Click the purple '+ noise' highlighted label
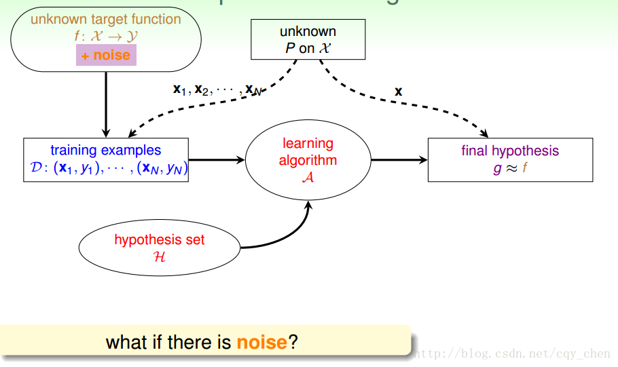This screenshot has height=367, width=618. click(x=106, y=55)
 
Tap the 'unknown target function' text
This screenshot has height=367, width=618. click(x=105, y=19)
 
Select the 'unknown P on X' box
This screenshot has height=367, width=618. click(x=308, y=39)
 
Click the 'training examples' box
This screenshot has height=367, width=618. click(x=106, y=160)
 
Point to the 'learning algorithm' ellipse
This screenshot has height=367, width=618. click(x=308, y=161)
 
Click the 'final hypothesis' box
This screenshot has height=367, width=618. click(x=510, y=159)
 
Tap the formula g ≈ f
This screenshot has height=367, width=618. click(x=510, y=168)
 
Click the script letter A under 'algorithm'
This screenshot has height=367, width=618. click(x=308, y=178)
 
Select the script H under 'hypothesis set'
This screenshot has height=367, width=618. click(x=160, y=257)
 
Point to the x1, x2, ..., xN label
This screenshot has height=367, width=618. click(x=217, y=90)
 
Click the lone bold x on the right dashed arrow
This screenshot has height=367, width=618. click(x=399, y=91)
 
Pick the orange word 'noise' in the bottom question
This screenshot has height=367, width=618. click(x=261, y=343)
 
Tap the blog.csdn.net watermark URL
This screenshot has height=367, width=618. click(x=512, y=353)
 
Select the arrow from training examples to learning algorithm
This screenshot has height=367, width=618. click(x=216, y=160)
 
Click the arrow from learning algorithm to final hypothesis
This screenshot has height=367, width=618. click(x=399, y=160)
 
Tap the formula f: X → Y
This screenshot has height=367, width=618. click(x=105, y=37)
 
